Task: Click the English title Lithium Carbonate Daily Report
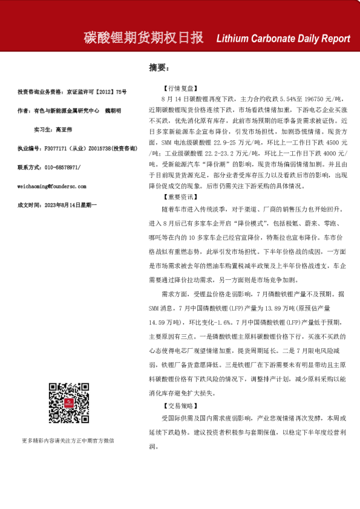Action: (x=283, y=39)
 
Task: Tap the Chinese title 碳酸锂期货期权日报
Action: (x=143, y=37)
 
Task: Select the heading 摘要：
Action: (x=159, y=68)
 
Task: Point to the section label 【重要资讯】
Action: (x=178, y=197)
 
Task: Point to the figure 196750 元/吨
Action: (x=324, y=99)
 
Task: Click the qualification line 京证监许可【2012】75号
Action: (x=96, y=92)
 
